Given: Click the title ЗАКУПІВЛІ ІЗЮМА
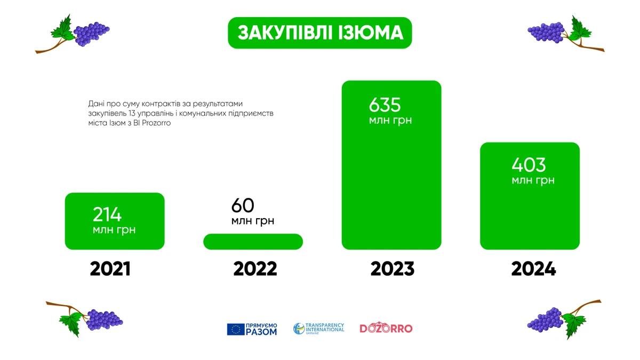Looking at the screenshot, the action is (x=320, y=33).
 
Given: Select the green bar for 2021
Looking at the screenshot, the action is (x=115, y=221).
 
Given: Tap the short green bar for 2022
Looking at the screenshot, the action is (x=253, y=242).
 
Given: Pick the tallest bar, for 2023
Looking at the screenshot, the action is (x=391, y=165).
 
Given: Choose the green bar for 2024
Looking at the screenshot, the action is (x=530, y=196).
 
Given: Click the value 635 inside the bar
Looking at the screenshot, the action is (x=385, y=105).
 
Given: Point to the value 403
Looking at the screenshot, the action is (x=529, y=165).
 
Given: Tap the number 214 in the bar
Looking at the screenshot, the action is (x=107, y=214).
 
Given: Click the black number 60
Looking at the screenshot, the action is (x=243, y=205).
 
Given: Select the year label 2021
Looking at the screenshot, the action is (x=110, y=269).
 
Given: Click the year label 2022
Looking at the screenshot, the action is (x=255, y=269).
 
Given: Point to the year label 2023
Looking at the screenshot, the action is (x=393, y=269).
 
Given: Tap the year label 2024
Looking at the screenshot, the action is (x=533, y=269).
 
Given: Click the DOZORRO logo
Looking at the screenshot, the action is (x=386, y=328).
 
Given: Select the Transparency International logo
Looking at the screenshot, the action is (x=318, y=329).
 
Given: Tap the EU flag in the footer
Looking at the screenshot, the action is (x=236, y=330).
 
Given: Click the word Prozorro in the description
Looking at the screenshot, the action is (x=156, y=123).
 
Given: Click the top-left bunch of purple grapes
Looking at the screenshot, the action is (x=91, y=34).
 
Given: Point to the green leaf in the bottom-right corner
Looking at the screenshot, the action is (x=574, y=325).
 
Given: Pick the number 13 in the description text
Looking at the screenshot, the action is (x=132, y=114).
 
